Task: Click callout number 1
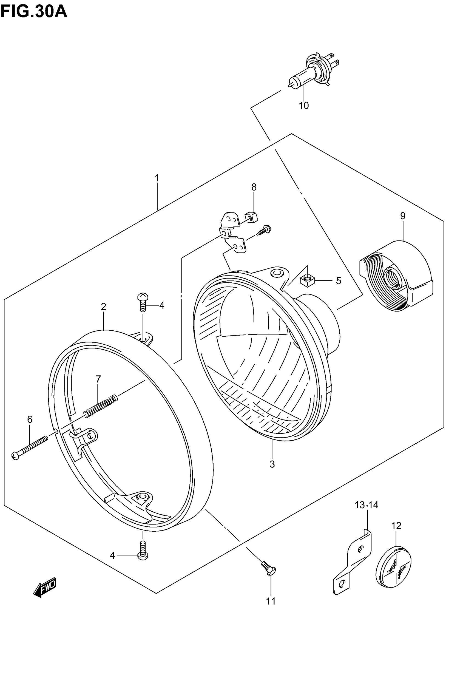pyautogui.click(x=157, y=178)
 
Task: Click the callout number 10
pyautogui.click(x=304, y=105)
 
